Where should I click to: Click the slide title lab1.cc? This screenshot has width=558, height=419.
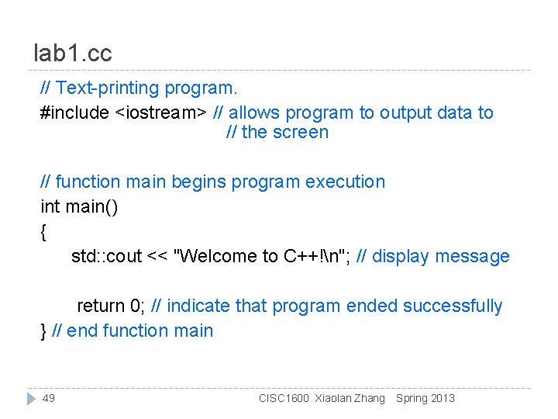tap(73, 54)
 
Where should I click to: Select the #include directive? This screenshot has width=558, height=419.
tap(74, 113)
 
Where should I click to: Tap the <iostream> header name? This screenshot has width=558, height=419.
tap(161, 113)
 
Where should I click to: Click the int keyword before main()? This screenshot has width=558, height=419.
tap(50, 207)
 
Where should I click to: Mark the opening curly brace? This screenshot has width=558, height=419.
tap(43, 231)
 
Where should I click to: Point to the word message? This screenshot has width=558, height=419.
tap(473, 256)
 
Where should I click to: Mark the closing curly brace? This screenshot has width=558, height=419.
tap(43, 331)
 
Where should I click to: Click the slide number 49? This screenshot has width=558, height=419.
tap(49, 398)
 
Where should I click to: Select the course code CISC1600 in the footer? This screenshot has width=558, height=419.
tap(284, 398)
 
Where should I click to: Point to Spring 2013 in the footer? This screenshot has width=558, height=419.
tap(425, 398)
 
